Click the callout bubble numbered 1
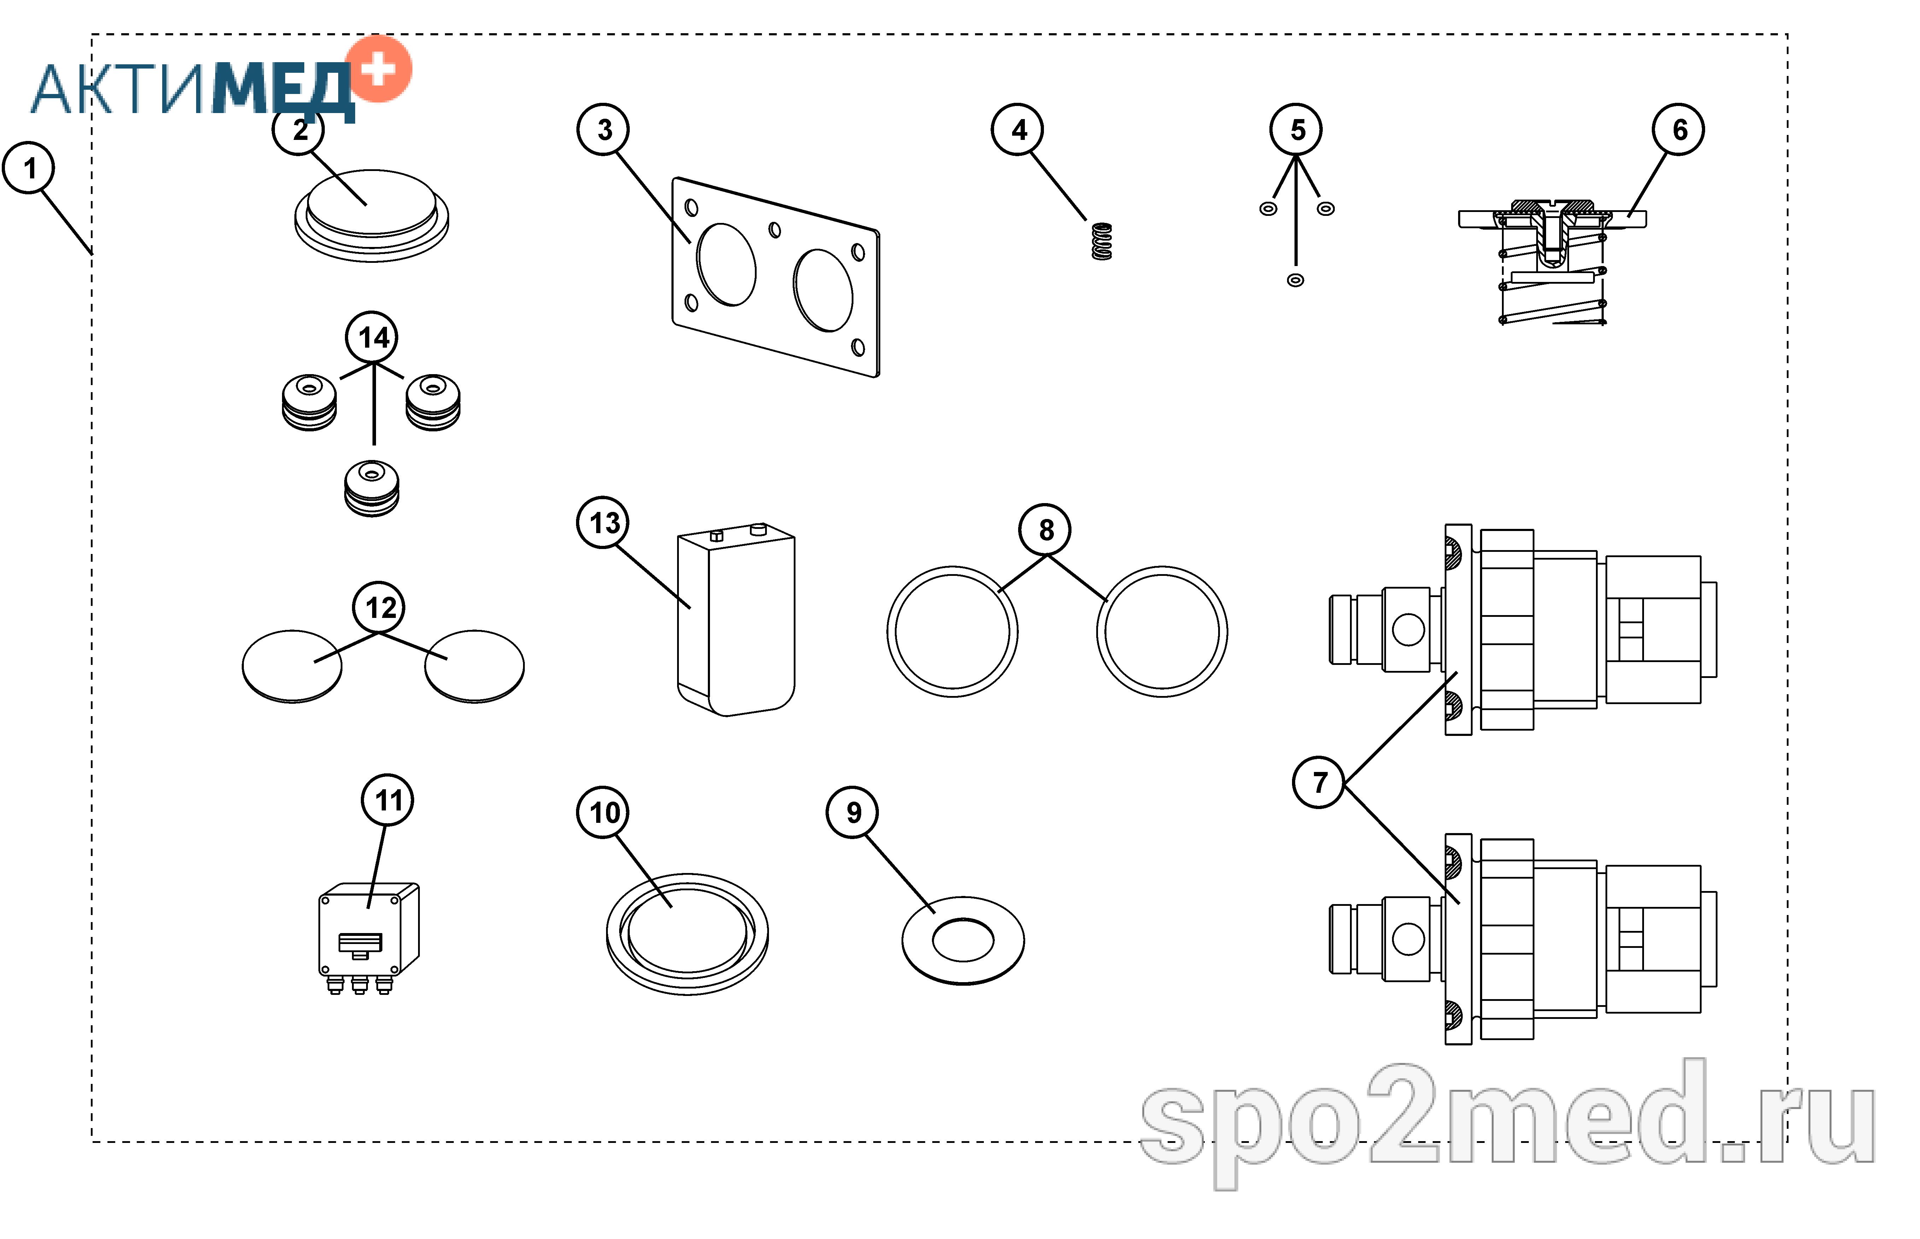point(29,168)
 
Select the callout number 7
point(1318,782)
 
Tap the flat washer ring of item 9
point(962,940)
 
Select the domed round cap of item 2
point(372,215)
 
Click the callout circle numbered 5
point(1296,130)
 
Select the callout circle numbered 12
point(379,607)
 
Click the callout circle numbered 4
point(1017,130)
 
